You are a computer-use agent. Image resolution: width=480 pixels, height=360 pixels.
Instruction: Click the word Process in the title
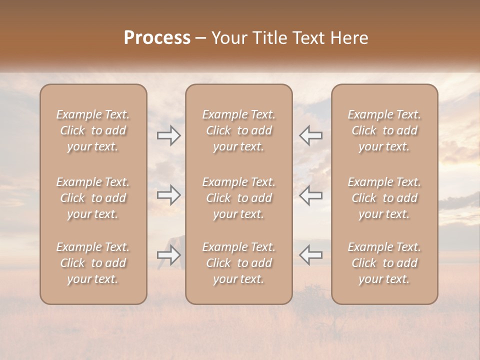tap(157, 38)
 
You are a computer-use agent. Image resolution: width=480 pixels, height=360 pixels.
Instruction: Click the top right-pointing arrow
tap(169, 135)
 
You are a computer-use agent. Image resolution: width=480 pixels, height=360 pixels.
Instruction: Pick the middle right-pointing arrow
tap(169, 195)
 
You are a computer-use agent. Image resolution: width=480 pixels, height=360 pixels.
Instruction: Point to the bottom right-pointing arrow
tap(169, 255)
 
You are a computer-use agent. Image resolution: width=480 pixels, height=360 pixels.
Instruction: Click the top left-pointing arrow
tap(311, 135)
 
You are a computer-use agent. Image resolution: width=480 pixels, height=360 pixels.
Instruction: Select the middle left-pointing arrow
tap(311, 195)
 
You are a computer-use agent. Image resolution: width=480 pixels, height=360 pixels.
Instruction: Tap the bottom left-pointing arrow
tap(311, 255)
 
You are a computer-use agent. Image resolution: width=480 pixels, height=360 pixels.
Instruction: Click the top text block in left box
tap(93, 130)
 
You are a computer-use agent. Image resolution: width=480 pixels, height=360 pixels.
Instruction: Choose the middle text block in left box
tap(93, 198)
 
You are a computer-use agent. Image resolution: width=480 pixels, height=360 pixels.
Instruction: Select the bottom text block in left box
tap(93, 263)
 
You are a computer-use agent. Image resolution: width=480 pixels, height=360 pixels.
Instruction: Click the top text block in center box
tap(239, 130)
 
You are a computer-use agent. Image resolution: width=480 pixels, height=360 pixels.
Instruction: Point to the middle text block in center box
tap(239, 198)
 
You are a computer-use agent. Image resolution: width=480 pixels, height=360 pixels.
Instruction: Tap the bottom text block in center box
tap(239, 263)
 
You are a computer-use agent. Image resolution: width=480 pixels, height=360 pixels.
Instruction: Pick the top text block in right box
tap(384, 130)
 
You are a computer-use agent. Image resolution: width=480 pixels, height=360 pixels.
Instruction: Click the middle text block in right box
tap(384, 198)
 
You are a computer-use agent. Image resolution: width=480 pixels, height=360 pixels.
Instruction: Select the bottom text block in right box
tap(384, 263)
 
